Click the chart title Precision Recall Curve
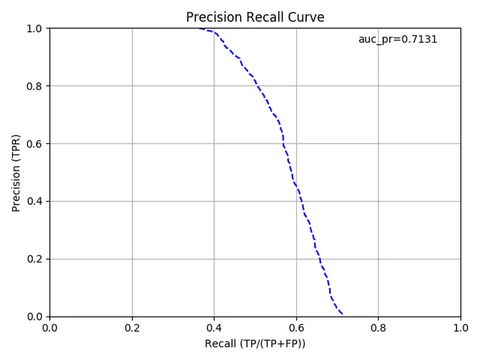point(255,17)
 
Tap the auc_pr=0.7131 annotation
point(398,40)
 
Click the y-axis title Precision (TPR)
point(16,173)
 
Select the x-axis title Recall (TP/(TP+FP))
point(255,343)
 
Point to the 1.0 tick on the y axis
point(34,29)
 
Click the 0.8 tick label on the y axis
point(34,86)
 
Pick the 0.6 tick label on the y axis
point(34,144)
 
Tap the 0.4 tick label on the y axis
point(34,202)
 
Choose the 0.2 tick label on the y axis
point(34,259)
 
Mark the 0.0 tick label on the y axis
point(34,317)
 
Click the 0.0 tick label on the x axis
point(50,328)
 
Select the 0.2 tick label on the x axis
point(132,328)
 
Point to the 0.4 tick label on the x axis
point(214,328)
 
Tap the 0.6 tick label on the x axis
point(296,328)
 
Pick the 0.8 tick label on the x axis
point(379,328)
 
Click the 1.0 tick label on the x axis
point(461,328)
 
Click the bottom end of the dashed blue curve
point(342,314)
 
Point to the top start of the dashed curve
point(200,28)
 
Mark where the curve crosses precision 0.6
point(283,143)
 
